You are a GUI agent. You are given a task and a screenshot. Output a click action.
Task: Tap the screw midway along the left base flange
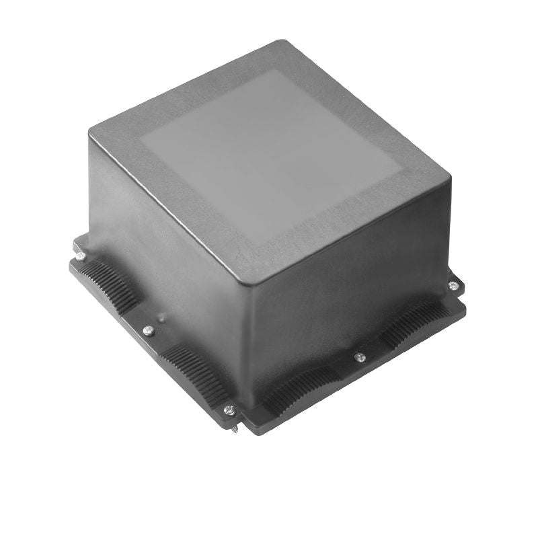coord(149,330)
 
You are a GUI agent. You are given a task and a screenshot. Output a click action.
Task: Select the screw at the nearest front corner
coord(229,409)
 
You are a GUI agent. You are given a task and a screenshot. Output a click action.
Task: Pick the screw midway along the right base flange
coord(360,357)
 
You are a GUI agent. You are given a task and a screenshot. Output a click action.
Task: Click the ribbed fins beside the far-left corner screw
coord(108,282)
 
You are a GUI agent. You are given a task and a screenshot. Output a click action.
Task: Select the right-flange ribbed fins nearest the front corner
coord(296,390)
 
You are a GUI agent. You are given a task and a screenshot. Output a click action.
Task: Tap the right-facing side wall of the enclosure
coord(350,282)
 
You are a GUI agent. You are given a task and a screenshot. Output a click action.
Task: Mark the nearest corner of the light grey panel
coord(253,245)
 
